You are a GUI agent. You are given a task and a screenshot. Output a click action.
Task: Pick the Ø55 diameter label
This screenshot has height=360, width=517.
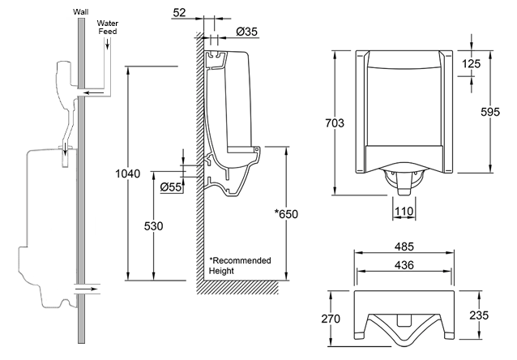(x=170, y=186)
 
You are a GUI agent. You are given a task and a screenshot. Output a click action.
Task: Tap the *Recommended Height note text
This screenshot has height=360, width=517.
(x=240, y=265)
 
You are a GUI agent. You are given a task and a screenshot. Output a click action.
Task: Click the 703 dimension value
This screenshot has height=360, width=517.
(x=334, y=123)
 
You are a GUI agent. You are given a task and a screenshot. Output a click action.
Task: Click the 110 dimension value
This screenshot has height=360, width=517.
(x=404, y=211)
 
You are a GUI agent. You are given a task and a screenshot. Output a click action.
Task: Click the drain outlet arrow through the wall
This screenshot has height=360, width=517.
(x=88, y=286)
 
